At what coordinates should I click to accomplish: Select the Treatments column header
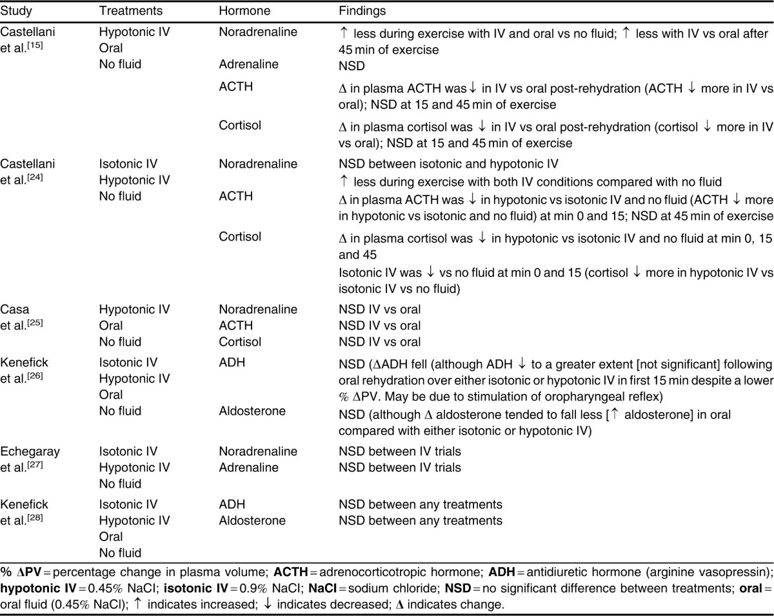(130, 12)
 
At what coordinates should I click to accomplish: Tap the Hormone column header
(244, 12)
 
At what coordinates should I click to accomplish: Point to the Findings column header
(364, 12)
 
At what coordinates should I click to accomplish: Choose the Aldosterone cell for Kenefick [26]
(252, 411)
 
